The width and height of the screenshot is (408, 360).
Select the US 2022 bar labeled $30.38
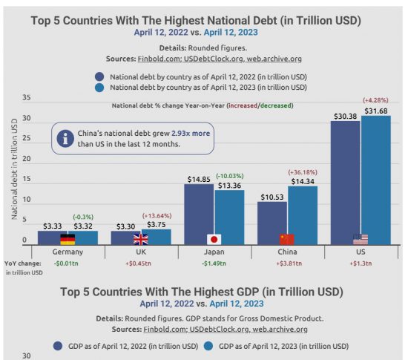(346, 183)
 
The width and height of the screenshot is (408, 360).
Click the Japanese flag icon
(214, 239)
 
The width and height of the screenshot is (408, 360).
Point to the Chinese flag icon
(288, 239)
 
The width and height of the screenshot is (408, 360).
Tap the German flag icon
(68, 239)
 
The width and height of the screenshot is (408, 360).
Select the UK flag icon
(141, 239)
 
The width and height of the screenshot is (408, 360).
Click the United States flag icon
(361, 239)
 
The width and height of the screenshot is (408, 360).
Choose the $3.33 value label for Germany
(52, 225)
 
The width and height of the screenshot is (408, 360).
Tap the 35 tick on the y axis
(27, 98)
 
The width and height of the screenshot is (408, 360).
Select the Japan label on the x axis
(214, 252)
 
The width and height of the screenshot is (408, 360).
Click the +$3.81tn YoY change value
(288, 264)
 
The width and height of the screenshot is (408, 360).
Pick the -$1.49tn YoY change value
(214, 264)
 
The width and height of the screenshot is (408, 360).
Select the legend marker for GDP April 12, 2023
(208, 345)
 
